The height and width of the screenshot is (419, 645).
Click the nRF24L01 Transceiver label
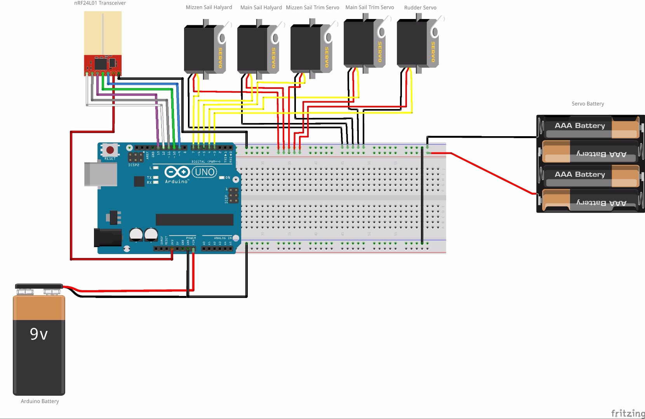[100, 3]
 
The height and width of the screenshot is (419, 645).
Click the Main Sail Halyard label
[261, 7]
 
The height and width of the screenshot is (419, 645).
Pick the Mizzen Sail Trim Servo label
[312, 7]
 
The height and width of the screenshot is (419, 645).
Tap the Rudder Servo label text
[420, 8]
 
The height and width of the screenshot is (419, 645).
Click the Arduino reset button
[110, 150]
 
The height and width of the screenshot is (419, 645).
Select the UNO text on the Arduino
[205, 172]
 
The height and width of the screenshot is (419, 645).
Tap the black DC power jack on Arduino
[107, 237]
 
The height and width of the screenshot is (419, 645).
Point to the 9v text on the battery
[39, 334]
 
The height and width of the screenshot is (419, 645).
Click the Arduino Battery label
[40, 401]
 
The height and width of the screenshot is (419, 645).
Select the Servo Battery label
[587, 104]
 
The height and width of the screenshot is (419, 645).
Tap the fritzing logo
[627, 413]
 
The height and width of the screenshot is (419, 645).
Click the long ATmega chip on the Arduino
[194, 219]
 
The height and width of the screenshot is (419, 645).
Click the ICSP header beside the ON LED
[233, 196]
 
